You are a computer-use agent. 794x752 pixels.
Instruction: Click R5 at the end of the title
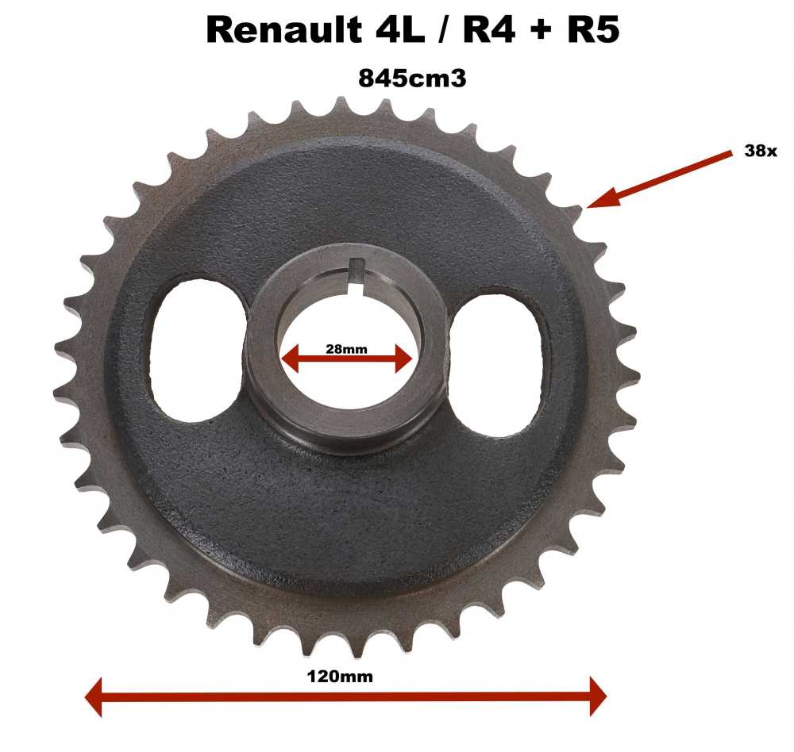point(592,30)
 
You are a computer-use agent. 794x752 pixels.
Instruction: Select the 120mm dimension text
point(339,677)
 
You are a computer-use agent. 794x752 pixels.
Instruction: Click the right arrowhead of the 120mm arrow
point(596,696)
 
